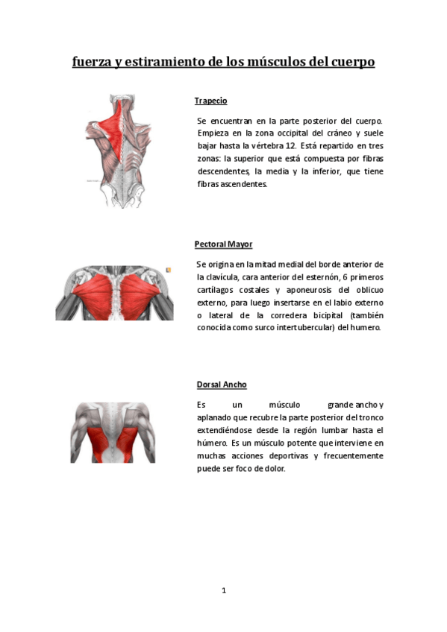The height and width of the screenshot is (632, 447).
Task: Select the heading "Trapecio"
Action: (210, 101)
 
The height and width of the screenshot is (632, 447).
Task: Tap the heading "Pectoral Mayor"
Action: (223, 244)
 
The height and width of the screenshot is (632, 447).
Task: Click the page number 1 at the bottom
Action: (223, 590)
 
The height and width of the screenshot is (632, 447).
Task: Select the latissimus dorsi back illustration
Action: (114, 432)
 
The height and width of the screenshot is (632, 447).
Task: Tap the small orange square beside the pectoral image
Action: (169, 270)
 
